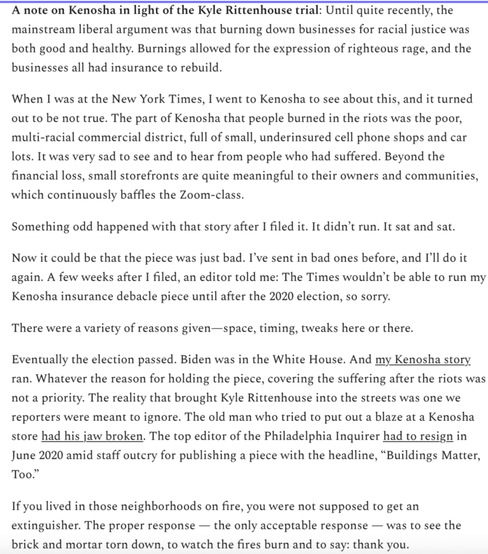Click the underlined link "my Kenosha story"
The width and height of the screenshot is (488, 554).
point(423,360)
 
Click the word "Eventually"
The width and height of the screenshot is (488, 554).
point(40,360)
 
